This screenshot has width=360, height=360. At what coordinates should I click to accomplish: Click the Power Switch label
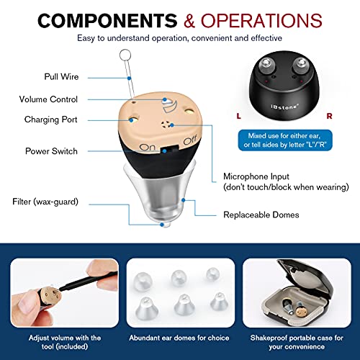click(x=50, y=151)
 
